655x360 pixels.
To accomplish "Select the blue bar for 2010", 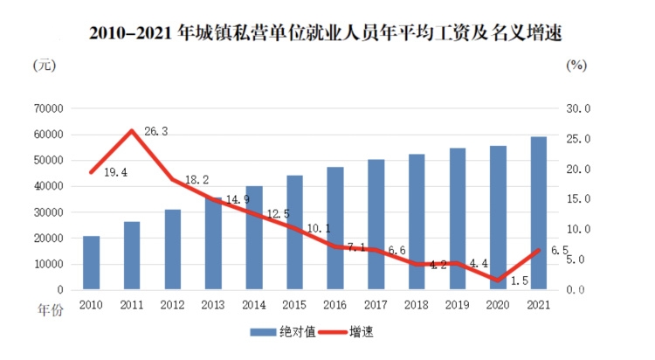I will pyautogui.click(x=91, y=262).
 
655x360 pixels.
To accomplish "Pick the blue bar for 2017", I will pyautogui.click(x=376, y=224).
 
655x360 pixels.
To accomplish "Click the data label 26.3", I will pyautogui.click(x=155, y=132).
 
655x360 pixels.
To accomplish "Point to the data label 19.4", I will pyautogui.click(x=115, y=173).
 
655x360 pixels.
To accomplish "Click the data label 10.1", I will pyautogui.click(x=317, y=229).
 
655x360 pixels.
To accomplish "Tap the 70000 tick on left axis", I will pyautogui.click(x=50, y=108).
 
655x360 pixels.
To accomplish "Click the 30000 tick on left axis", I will pyautogui.click(x=50, y=212).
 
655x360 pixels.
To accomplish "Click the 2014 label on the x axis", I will pyautogui.click(x=253, y=305).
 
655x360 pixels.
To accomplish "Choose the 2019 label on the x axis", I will pyautogui.click(x=458, y=305).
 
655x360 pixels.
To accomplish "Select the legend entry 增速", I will pyautogui.click(x=349, y=332).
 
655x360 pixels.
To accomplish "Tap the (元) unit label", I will pyautogui.click(x=45, y=65).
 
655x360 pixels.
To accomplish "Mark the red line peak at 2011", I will pyautogui.click(x=131, y=130).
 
